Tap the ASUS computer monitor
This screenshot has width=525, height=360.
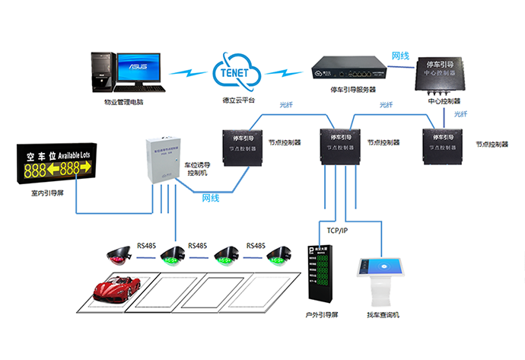(139, 70)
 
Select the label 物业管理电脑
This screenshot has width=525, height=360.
(124, 101)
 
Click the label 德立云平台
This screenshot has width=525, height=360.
(233, 101)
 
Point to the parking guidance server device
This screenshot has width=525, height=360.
(348, 71)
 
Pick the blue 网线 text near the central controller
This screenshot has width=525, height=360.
(400, 56)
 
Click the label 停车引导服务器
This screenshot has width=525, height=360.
(354, 90)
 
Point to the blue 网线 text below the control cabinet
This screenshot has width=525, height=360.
(211, 198)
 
